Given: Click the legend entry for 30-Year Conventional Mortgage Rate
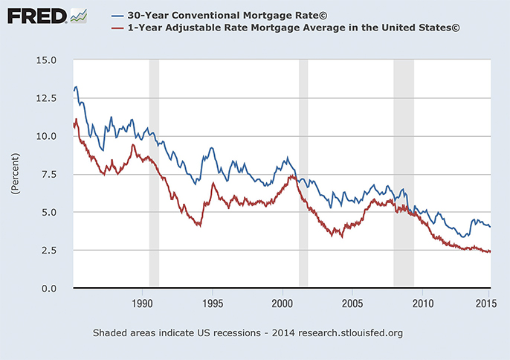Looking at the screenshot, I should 207,15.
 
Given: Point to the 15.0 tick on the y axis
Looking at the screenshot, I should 47,60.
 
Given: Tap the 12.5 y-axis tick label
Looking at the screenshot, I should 47,97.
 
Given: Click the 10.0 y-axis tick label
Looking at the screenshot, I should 47,136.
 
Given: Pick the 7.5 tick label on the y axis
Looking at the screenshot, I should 50,174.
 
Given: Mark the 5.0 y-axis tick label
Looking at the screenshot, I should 50,212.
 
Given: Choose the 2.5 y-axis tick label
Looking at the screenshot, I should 50,251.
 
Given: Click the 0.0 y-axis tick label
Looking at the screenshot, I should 50,289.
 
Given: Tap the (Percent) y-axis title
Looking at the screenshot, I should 13,174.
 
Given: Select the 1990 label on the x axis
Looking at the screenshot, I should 142,303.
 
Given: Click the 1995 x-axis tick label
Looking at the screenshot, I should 213,303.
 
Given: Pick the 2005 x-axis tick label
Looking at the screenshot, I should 352,303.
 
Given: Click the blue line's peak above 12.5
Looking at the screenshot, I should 76,87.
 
